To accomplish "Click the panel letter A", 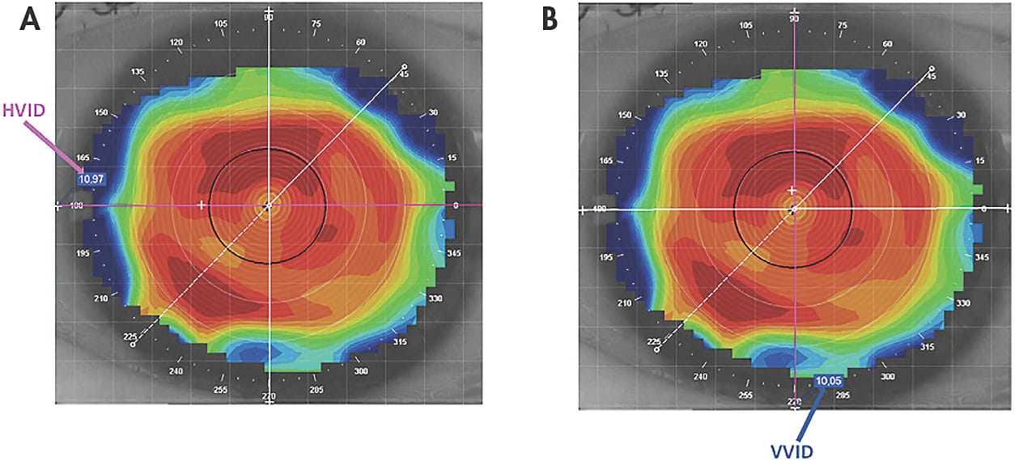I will point(31,19).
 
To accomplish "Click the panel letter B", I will point(550,19).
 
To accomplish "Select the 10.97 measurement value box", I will point(91,178).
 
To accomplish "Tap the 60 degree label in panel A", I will point(361,42).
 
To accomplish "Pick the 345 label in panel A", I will point(452,254).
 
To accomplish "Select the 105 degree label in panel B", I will point(746,25).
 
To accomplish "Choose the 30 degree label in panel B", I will point(961,114).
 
